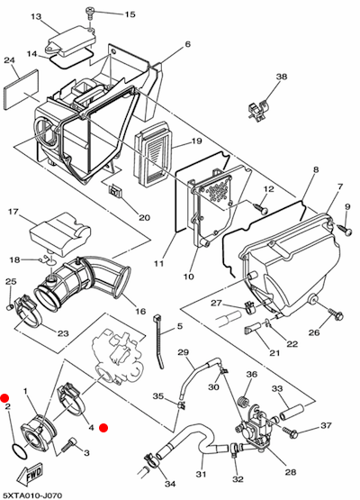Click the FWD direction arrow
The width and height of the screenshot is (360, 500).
coord(31,474)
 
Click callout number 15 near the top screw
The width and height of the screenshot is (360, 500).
coord(130,14)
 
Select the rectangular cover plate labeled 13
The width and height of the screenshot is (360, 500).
coord(72,41)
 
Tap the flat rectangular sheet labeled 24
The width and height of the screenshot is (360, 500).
coord(22,89)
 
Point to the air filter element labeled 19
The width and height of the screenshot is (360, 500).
coord(154,154)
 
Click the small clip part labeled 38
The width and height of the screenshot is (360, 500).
coord(258,110)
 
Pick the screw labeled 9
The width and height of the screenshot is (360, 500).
coord(346,230)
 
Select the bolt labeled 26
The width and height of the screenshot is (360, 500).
coord(336,314)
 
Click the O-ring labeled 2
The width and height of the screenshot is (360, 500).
coord(20,450)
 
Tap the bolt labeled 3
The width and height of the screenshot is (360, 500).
coord(67,444)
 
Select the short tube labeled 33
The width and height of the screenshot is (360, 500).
coord(292,412)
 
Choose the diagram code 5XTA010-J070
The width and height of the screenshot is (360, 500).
coord(31,495)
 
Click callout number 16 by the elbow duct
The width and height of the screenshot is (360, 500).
coord(140,311)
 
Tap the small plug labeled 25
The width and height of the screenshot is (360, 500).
coord(9,307)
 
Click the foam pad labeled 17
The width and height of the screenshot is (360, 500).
coord(60,233)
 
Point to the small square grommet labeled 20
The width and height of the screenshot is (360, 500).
coord(116,191)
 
